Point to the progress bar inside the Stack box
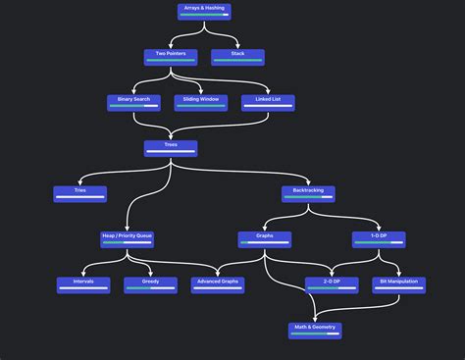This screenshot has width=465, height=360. (237, 61)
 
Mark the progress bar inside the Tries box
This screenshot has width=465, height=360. (80, 198)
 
